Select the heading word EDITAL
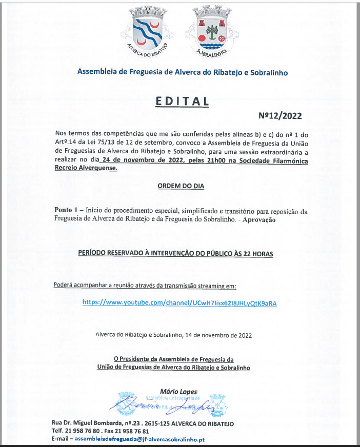(182, 101)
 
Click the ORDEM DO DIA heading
(181, 186)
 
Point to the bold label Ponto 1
(67, 211)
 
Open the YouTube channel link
(179, 303)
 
